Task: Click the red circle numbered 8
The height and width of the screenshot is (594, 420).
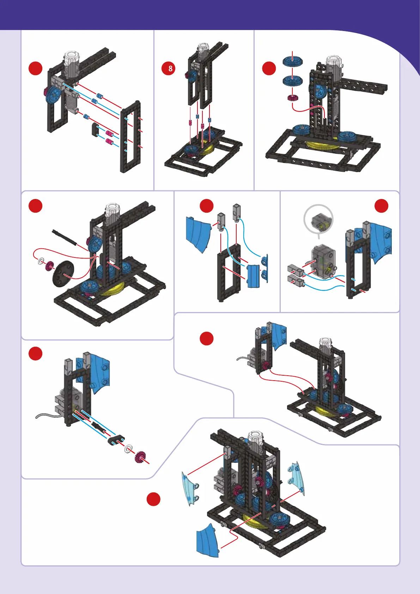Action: (170, 68)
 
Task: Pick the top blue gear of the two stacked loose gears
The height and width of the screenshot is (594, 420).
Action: (292, 61)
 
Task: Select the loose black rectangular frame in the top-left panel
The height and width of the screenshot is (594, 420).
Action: (130, 137)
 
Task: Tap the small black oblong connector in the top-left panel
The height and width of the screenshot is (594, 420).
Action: (95, 129)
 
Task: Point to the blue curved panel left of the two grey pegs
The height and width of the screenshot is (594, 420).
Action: (198, 234)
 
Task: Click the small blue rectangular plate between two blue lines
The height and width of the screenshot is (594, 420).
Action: (253, 276)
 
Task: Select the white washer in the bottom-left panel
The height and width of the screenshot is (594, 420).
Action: (128, 449)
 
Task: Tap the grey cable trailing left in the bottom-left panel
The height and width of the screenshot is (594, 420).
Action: (48, 416)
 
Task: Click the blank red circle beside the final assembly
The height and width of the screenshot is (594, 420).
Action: (153, 499)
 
